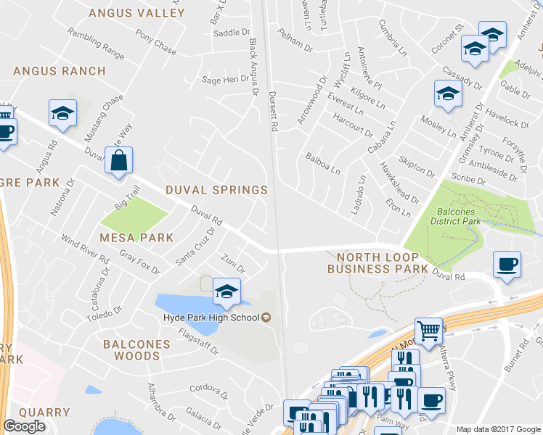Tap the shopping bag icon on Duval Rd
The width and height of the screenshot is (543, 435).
(x=119, y=160)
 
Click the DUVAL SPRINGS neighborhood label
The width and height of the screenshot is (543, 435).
(x=216, y=190)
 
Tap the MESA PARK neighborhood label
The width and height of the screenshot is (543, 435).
(x=136, y=237)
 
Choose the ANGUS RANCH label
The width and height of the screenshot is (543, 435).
(x=60, y=71)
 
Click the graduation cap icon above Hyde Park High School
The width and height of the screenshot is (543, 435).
(x=226, y=291)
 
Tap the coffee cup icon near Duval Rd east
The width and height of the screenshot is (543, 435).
(x=506, y=264)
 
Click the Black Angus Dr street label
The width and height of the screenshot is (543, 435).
(x=254, y=62)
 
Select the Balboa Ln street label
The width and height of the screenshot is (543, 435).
(x=323, y=163)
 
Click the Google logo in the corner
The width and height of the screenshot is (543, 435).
(x=24, y=426)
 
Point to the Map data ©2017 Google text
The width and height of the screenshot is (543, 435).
(x=498, y=429)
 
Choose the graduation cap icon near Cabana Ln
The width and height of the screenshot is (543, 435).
(x=448, y=94)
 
